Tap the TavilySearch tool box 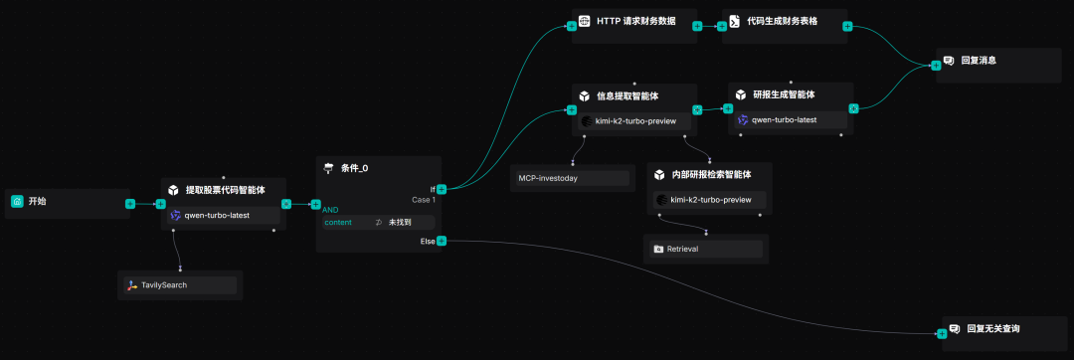click(x=180, y=285)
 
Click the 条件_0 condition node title click(x=354, y=168)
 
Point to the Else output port click(x=442, y=241)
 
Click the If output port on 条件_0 click(x=442, y=188)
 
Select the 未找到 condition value click(x=400, y=223)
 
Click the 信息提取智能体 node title click(x=626, y=95)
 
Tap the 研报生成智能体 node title click(x=784, y=95)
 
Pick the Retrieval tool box click(x=707, y=249)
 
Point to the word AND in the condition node click(x=331, y=210)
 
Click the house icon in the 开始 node click(x=17, y=202)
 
